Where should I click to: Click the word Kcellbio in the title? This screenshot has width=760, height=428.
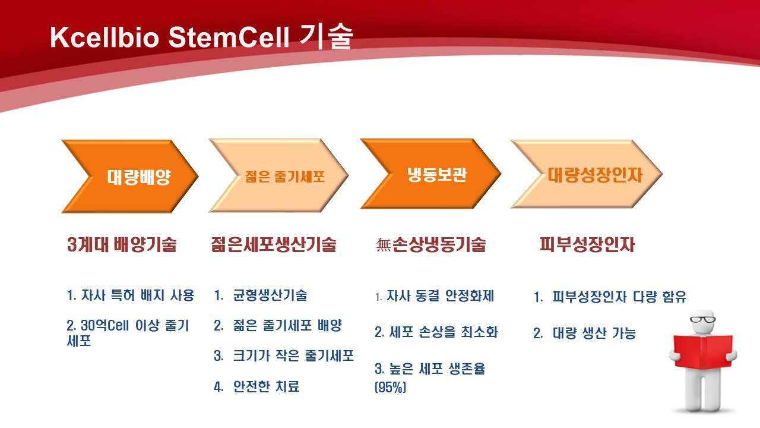pyautogui.click(x=104, y=37)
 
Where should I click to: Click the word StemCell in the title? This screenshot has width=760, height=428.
pyautogui.click(x=229, y=37)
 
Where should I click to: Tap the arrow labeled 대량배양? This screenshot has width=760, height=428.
pyautogui.click(x=130, y=177)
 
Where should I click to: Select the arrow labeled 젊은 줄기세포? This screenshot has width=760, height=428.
pyautogui.click(x=279, y=175)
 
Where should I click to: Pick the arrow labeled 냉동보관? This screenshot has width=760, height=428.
pyautogui.click(x=430, y=174)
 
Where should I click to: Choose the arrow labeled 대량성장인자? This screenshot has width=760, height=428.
pyautogui.click(x=587, y=174)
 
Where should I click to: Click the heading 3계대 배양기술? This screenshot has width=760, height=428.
pyautogui.click(x=122, y=244)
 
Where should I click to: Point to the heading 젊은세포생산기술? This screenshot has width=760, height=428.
pyautogui.click(x=274, y=244)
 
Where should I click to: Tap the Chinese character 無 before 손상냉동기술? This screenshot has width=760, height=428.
pyautogui.click(x=384, y=244)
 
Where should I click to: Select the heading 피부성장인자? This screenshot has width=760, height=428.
pyautogui.click(x=587, y=244)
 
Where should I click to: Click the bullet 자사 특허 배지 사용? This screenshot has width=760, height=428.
pyautogui.click(x=138, y=295)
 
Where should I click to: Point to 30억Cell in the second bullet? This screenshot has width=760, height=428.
pyautogui.click(x=105, y=325)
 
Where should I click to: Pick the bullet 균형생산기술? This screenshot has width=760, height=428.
pyautogui.click(x=270, y=295)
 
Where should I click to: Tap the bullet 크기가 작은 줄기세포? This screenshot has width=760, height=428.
pyautogui.click(x=293, y=355)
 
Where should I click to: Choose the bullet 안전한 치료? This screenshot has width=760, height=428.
pyautogui.click(x=267, y=386)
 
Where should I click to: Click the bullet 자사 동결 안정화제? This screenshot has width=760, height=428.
pyautogui.click(x=441, y=296)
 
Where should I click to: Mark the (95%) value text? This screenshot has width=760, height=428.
pyautogui.click(x=390, y=387)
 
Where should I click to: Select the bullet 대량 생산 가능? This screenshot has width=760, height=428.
pyautogui.click(x=594, y=333)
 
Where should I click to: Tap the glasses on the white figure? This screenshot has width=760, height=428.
pyautogui.click(x=702, y=319)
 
